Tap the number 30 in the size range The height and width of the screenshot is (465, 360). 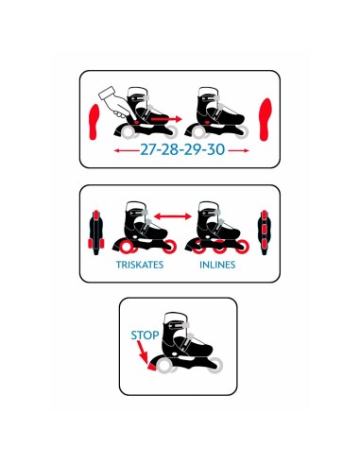216,149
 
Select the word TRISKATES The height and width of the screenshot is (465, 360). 140,265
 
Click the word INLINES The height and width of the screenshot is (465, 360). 217,265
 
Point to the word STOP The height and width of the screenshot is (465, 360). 145,336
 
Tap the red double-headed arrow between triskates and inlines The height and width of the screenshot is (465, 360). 173,216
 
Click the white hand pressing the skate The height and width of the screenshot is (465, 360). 115,103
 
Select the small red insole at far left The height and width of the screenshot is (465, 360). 94,122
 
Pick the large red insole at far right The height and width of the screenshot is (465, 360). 266,119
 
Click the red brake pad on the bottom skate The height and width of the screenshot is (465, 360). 152,367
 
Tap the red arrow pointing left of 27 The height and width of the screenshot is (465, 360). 127,150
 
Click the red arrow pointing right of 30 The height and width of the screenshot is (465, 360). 238,150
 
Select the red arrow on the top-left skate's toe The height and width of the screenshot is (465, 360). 166,119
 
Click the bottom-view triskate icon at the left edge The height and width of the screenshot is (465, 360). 96,232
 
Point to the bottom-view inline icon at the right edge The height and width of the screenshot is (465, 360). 265,232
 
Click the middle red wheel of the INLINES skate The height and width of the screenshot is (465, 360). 219,248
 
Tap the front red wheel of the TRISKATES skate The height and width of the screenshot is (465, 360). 170,247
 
